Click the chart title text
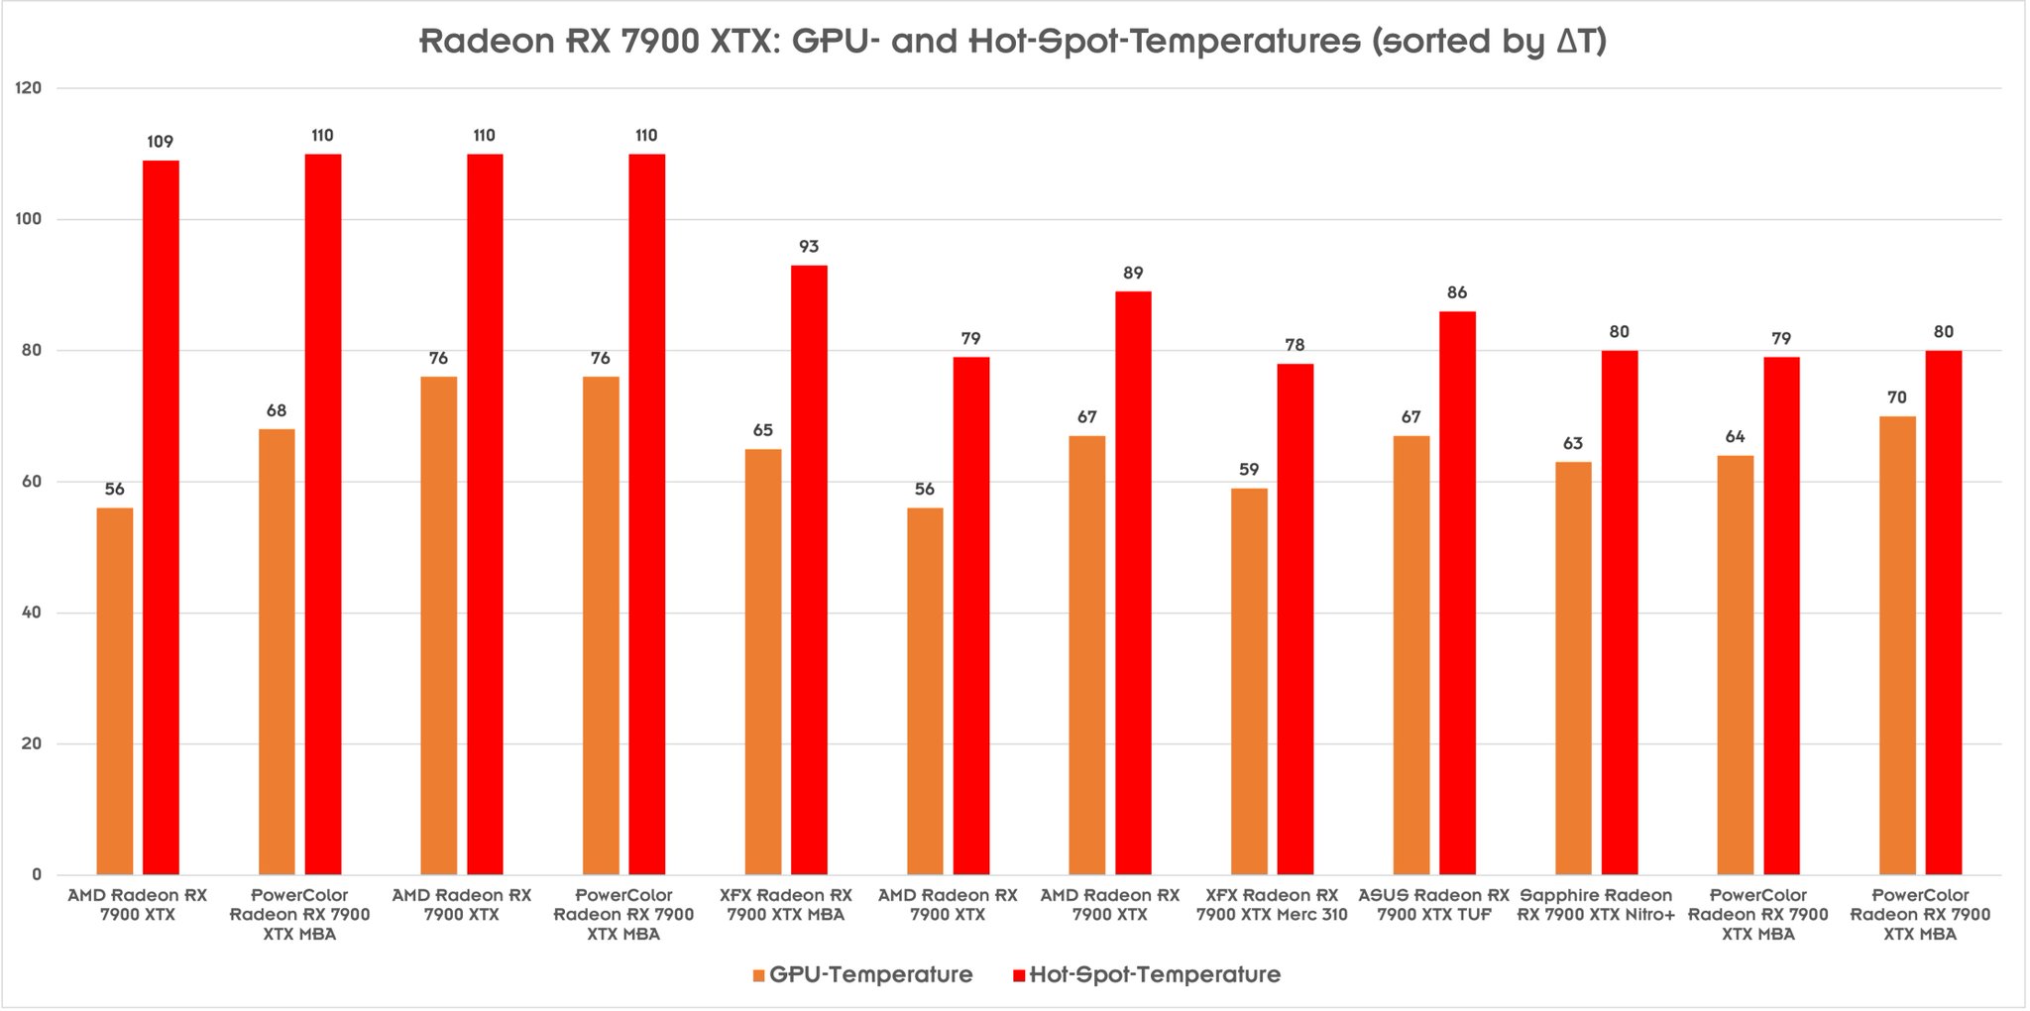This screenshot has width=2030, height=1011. [1013, 41]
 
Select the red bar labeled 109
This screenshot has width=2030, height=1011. [161, 515]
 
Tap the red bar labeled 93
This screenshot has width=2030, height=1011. [809, 570]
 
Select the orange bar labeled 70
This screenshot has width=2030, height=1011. [1897, 644]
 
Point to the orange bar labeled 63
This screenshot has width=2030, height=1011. [1573, 667]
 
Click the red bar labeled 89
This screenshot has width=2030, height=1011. [1133, 583]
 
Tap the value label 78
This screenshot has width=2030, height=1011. [1295, 345]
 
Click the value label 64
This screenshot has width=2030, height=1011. [1735, 437]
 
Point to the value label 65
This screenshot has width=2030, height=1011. [762, 430]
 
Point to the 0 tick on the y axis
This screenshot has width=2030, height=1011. [37, 874]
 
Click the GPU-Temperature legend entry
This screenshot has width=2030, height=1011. [862, 974]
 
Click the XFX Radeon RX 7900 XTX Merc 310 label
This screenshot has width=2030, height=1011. [1272, 905]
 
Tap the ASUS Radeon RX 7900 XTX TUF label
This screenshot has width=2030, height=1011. [1433, 905]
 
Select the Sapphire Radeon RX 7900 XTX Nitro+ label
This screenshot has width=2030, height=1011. [1596, 905]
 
